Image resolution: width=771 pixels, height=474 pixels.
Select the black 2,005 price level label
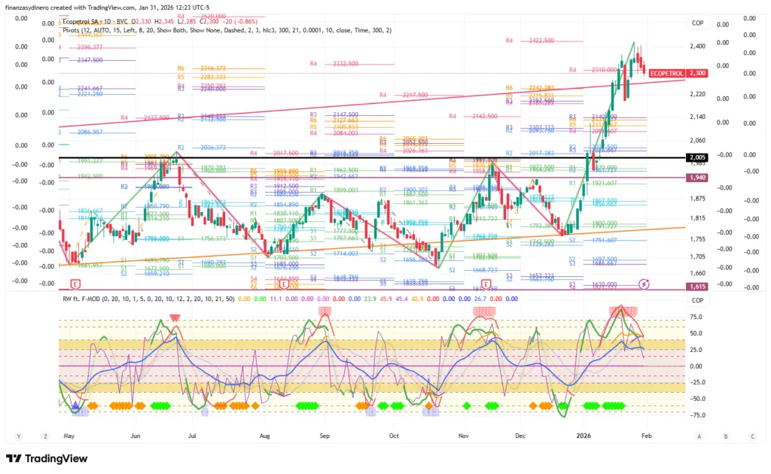[x=696, y=157]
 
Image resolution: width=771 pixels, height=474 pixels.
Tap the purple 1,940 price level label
[x=696, y=178]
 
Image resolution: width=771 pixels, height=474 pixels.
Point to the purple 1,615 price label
[x=696, y=287]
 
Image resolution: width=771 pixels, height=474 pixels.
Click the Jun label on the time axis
[x=136, y=435]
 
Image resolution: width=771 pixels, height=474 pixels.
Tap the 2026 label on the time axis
[x=584, y=435]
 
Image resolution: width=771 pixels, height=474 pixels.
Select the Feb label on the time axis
[x=647, y=435]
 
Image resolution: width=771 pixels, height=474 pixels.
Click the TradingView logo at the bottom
[x=47, y=458]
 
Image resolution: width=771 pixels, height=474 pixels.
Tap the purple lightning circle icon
[x=643, y=284]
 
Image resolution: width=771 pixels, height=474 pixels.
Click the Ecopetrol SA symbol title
[x=83, y=23]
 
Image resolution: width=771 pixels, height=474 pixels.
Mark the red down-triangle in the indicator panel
[x=175, y=318]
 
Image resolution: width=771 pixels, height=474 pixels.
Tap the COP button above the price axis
[x=698, y=23]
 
